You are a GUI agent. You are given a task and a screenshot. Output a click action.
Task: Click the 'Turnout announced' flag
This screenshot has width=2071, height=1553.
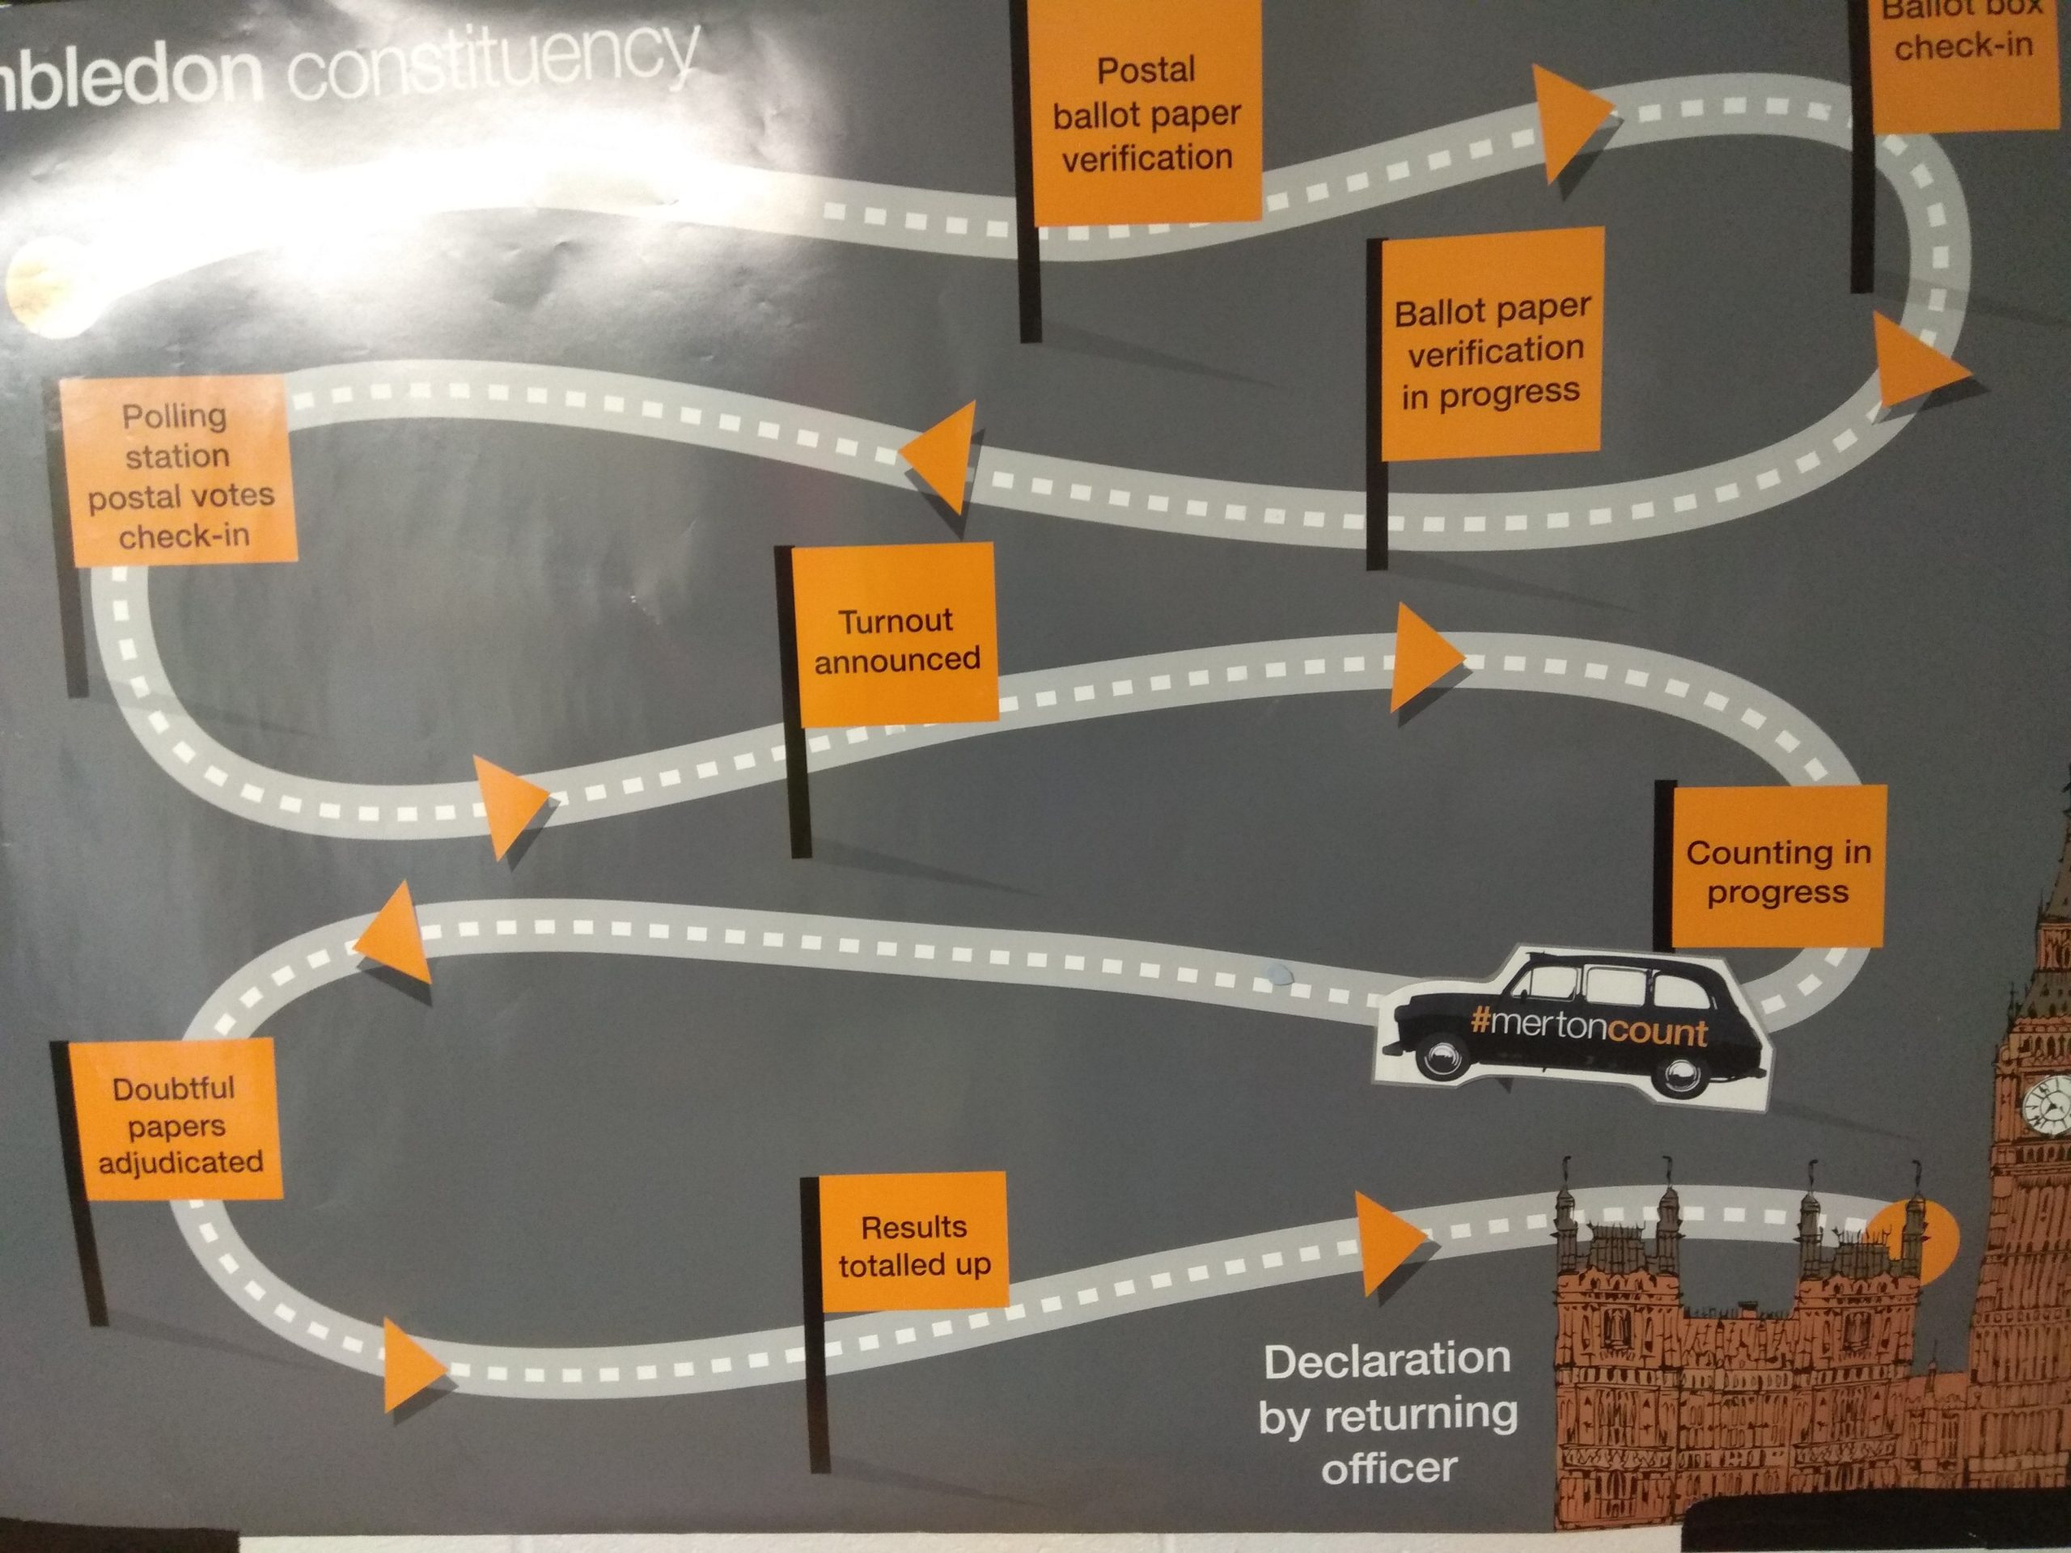[x=896, y=638]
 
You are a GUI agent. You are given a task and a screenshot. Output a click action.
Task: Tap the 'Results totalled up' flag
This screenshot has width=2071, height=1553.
[x=913, y=1244]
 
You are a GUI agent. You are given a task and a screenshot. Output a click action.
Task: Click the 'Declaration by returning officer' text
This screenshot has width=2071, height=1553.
[x=1387, y=1415]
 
